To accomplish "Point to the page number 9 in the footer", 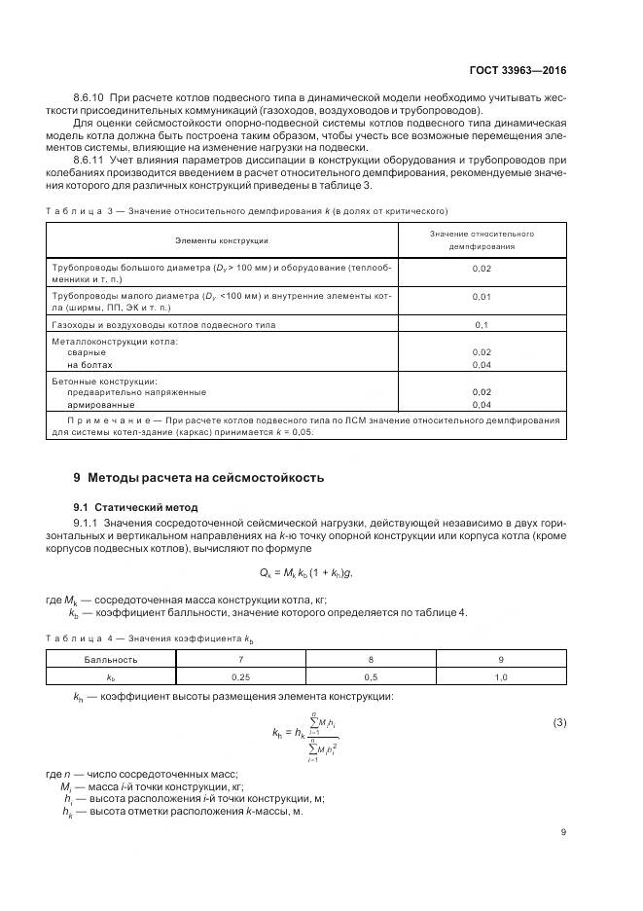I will pos(563,831).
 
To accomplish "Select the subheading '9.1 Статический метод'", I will pos(135,507).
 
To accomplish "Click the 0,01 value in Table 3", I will pos(481,297).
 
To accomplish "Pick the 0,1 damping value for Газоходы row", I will pos(481,324).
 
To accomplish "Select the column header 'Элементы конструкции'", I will pos(222,239).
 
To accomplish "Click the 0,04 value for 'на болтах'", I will pos(481,364).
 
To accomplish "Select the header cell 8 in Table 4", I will pos(371,659).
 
